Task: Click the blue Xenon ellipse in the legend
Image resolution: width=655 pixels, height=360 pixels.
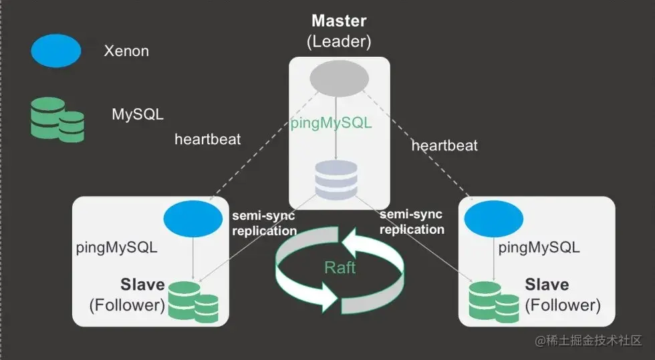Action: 55,51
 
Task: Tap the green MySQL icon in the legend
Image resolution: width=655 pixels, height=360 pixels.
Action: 57,119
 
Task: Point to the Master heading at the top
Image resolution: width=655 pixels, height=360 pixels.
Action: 339,20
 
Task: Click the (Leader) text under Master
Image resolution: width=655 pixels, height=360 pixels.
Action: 339,41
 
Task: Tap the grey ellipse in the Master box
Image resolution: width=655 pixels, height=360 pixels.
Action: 339,79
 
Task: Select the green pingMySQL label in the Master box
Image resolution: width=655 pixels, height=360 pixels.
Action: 331,124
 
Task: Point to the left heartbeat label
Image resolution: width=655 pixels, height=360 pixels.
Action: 208,140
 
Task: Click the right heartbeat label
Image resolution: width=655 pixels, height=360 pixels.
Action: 444,145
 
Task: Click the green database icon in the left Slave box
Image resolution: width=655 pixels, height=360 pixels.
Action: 193,301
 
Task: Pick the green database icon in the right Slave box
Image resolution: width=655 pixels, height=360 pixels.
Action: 494,301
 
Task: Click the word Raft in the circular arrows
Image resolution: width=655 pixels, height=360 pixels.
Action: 340,268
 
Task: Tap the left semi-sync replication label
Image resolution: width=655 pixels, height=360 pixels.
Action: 264,223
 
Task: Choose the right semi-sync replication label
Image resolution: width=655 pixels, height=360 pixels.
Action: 412,222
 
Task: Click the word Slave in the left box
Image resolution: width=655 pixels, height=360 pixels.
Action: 142,285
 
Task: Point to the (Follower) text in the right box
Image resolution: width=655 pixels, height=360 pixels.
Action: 563,305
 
